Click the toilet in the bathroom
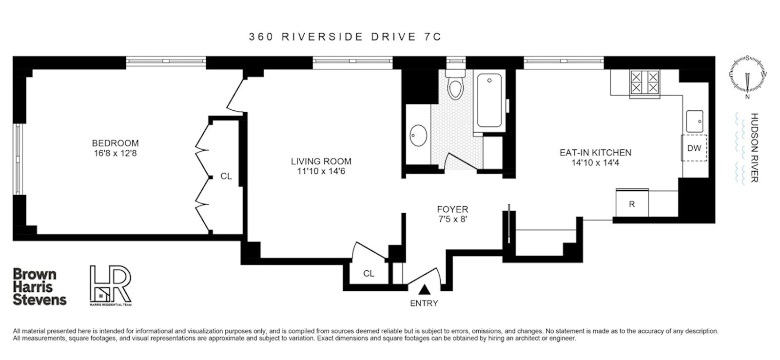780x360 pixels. click(456, 87)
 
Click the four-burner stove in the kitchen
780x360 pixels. click(644, 82)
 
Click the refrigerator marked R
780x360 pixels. click(632, 204)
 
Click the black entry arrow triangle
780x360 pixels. click(425, 290)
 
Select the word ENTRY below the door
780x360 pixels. click(424, 303)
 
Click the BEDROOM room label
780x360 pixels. click(115, 143)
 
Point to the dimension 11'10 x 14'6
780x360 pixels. click(321, 171)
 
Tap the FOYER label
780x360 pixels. click(452, 209)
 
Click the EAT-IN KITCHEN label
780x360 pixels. click(595, 153)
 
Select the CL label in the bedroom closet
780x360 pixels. click(226, 176)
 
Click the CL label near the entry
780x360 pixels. click(369, 274)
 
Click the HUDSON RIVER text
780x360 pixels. click(754, 148)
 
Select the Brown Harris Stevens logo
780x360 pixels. click(39, 287)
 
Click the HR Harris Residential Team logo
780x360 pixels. click(111, 285)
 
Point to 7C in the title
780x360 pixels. click(430, 37)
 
